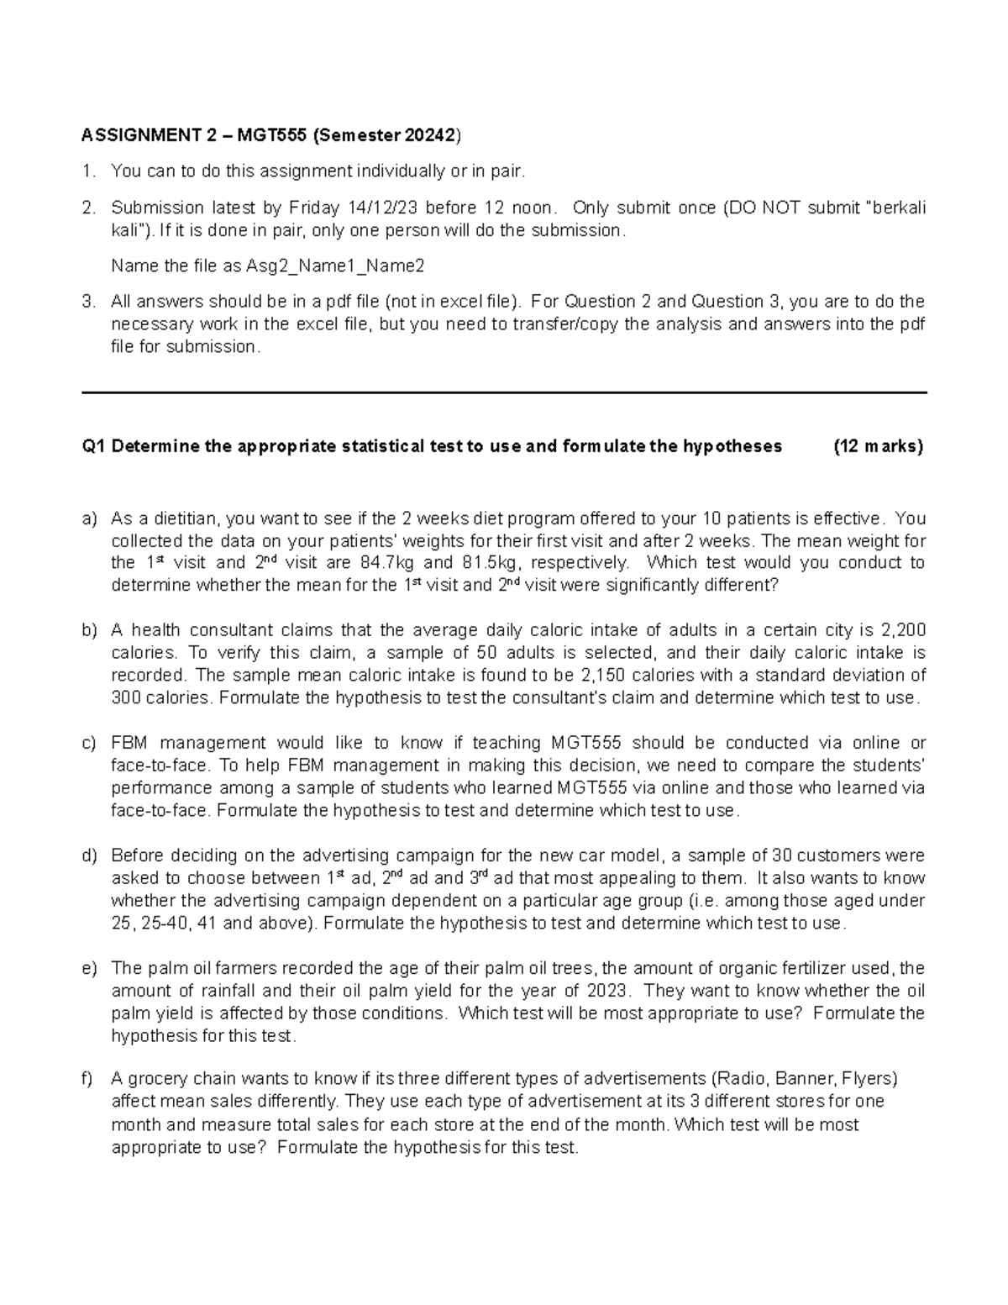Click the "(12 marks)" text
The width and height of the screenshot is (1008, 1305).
pyautogui.click(x=878, y=446)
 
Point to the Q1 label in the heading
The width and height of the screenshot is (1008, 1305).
pyautogui.click(x=93, y=446)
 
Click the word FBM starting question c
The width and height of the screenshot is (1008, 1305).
pyautogui.click(x=129, y=743)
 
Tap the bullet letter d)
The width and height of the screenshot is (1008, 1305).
pyautogui.click(x=89, y=855)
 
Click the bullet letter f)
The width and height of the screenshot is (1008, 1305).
pyautogui.click(x=88, y=1079)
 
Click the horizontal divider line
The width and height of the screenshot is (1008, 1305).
pyautogui.click(x=503, y=392)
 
